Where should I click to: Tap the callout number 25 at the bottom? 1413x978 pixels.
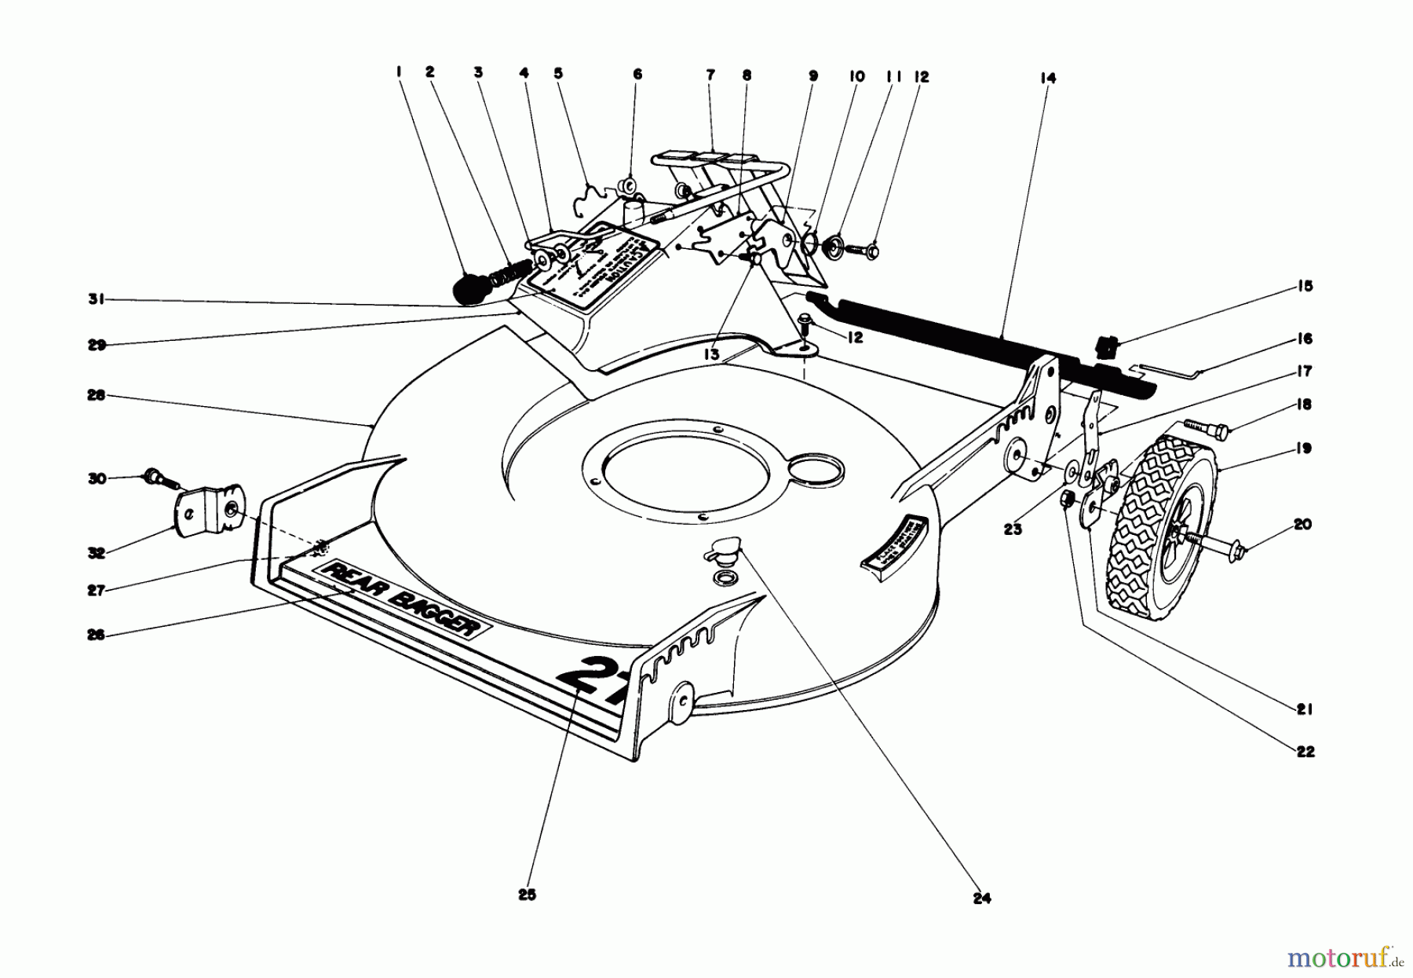click(527, 894)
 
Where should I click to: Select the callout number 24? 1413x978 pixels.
click(981, 899)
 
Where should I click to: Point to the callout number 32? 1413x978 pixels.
click(97, 553)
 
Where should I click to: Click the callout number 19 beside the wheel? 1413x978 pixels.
click(1303, 449)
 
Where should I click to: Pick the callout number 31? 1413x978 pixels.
click(97, 299)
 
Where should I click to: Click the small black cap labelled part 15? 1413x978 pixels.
click(1106, 345)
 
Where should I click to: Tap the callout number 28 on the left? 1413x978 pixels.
click(97, 396)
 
